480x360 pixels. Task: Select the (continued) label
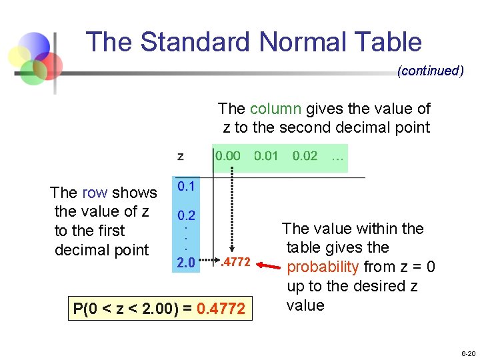point(430,71)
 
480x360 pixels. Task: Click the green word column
point(275,109)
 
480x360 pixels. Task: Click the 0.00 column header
point(227,156)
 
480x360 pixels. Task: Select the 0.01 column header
point(266,156)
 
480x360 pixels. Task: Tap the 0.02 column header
point(305,156)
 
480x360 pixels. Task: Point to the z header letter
point(181,157)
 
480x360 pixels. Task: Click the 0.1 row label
point(185,187)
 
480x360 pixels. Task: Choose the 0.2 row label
point(185,216)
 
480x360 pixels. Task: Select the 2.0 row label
point(185,263)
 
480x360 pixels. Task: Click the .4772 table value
point(235,263)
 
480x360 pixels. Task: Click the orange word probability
point(323,267)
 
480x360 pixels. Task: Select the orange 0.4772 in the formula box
point(221,309)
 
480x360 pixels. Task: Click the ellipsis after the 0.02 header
point(337,156)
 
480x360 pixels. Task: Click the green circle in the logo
point(31,72)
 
